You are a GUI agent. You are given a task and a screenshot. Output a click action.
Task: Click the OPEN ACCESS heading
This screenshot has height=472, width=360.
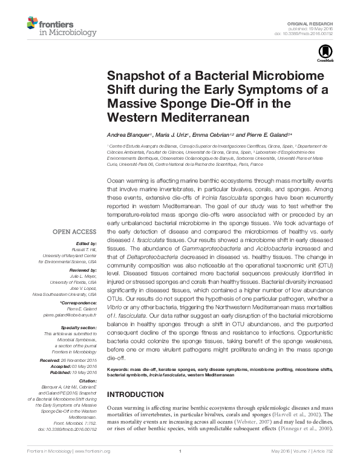coord(73,232)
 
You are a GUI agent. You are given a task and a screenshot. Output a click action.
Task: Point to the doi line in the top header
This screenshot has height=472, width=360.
coord(313,33)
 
